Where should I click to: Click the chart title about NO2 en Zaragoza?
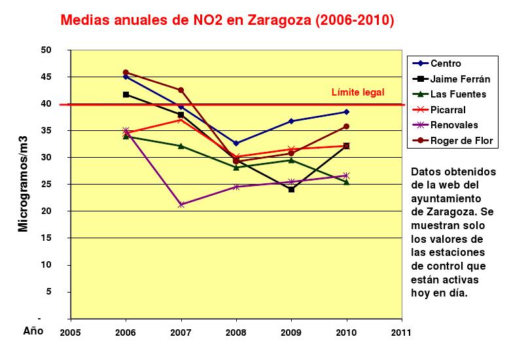[227, 20]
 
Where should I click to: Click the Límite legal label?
[357, 92]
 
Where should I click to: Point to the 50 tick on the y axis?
[46, 50]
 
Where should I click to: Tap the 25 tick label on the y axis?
[46, 184]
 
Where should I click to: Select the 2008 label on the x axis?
[236, 332]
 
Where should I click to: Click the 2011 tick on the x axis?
[401, 332]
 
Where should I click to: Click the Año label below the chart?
[33, 331]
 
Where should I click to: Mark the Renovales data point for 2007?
[181, 205]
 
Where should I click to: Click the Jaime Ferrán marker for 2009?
[291, 189]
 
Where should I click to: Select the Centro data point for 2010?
[346, 112]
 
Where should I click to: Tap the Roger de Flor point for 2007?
[181, 90]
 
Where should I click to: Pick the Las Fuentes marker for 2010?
[346, 182]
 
